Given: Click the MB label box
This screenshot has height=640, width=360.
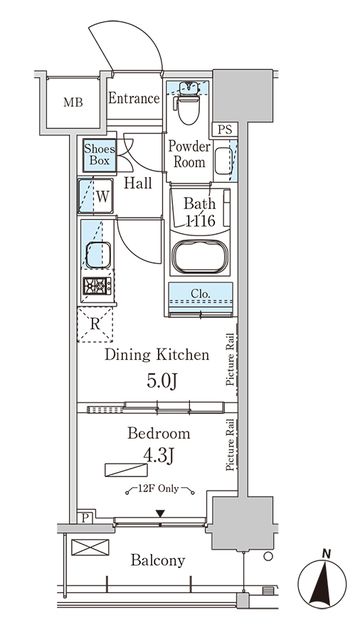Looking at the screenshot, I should [74, 102].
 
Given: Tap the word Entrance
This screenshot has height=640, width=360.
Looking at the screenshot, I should [134, 98].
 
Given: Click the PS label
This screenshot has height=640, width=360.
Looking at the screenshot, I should [224, 129].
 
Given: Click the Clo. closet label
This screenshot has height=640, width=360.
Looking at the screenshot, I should [200, 294].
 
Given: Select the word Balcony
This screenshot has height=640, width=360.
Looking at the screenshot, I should [157, 561].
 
